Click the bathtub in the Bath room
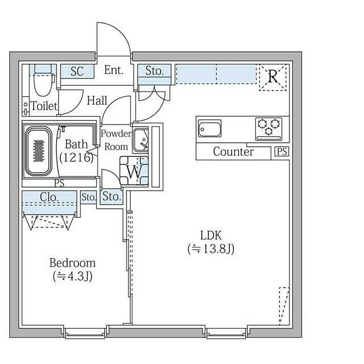click(x=39, y=151)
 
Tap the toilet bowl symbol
click(x=43, y=80)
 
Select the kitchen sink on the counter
click(x=210, y=129)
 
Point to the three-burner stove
click(x=268, y=129)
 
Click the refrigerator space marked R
click(x=273, y=77)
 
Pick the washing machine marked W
click(x=134, y=171)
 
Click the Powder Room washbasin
click(x=140, y=140)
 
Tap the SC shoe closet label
click(x=77, y=71)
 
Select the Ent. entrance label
click(x=114, y=70)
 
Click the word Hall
click(x=97, y=101)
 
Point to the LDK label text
click(x=211, y=235)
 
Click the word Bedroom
click(x=72, y=263)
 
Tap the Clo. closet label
click(x=49, y=197)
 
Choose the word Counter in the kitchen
click(x=233, y=152)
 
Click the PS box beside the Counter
click(x=282, y=152)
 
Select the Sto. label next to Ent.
click(x=155, y=71)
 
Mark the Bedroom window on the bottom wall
click(x=85, y=333)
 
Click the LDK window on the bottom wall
click(x=226, y=333)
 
